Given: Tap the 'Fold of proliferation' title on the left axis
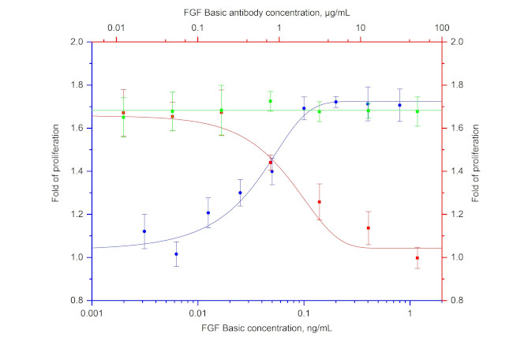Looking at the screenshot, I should tap(58, 171).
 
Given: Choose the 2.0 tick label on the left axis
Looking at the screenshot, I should tap(80, 42).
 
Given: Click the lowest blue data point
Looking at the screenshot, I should tap(176, 254).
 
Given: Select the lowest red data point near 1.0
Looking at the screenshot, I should tap(418, 258).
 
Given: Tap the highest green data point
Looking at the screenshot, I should tap(270, 101).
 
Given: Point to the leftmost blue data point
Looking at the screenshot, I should tap(144, 231).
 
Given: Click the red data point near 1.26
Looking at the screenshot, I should tap(320, 202).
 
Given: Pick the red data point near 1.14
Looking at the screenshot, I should tap(368, 228).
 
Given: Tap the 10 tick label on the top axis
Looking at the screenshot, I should tap(361, 29).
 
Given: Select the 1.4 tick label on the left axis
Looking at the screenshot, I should tap(80, 171).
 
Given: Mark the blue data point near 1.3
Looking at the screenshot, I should tap(240, 193).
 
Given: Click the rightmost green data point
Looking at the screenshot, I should tap(418, 111).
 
